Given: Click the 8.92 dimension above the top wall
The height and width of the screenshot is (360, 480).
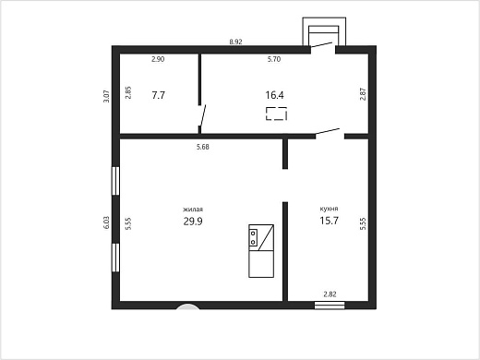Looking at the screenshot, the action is pyautogui.click(x=235, y=42).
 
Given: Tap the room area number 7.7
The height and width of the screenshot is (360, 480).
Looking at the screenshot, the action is pyautogui.click(x=159, y=95).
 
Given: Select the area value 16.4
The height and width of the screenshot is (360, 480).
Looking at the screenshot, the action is pyautogui.click(x=274, y=95).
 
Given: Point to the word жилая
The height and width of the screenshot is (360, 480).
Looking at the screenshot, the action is pyautogui.click(x=193, y=210).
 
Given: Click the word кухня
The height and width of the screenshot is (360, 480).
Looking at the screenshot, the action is pyautogui.click(x=329, y=209).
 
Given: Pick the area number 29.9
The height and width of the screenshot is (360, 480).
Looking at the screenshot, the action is pyautogui.click(x=193, y=222).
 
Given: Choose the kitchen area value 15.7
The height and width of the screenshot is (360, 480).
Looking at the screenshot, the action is pyautogui.click(x=330, y=221).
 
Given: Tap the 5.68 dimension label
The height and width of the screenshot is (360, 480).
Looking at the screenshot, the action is pyautogui.click(x=203, y=147).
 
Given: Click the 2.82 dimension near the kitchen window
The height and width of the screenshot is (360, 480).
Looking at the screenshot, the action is pyautogui.click(x=330, y=294).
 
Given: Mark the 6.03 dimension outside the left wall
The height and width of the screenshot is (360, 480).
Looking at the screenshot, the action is pyautogui.click(x=106, y=222).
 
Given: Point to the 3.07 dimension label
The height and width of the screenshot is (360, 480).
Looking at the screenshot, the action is pyautogui.click(x=106, y=96).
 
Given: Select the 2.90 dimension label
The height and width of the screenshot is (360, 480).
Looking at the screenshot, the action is pyautogui.click(x=158, y=59).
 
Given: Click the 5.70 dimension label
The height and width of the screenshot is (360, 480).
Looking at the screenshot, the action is pyautogui.click(x=274, y=59).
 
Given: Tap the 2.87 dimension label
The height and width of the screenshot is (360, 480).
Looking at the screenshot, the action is pyautogui.click(x=363, y=94).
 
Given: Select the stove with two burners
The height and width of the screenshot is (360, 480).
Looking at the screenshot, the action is pyautogui.click(x=253, y=238).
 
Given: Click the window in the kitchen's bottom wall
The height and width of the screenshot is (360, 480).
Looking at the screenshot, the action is pyautogui.click(x=330, y=306).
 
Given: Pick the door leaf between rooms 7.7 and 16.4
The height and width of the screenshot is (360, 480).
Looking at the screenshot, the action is pyautogui.click(x=203, y=115).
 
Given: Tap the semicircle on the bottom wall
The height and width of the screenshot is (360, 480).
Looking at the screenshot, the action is pyautogui.click(x=187, y=306).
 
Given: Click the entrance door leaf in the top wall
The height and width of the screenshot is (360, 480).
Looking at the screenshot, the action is pyautogui.click(x=321, y=45).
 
